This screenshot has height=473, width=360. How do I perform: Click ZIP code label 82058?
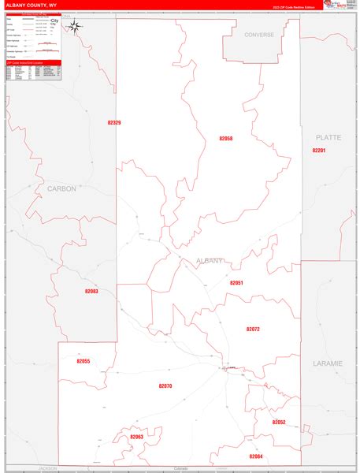click(226, 138)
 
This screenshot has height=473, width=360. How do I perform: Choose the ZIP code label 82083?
click(91, 292)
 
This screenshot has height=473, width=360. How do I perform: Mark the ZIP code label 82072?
click(253, 329)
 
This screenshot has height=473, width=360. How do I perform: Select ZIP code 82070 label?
click(165, 385)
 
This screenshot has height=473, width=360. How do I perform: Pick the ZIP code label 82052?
click(279, 422)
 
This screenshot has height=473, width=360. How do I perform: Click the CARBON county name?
click(61, 188)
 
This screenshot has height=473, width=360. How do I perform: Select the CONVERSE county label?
click(258, 35)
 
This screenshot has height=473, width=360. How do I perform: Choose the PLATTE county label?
click(328, 137)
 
